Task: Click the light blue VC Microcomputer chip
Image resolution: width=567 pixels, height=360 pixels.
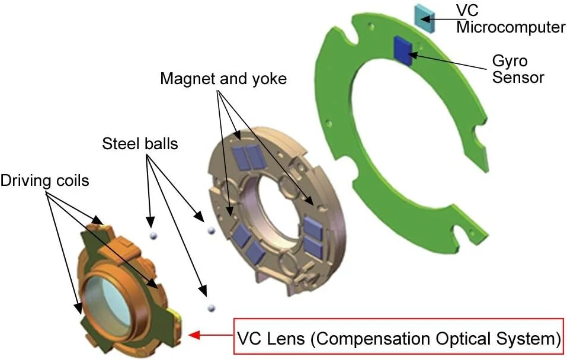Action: pos(425,17)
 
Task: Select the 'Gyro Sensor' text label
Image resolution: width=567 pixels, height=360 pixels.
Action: pos(518,69)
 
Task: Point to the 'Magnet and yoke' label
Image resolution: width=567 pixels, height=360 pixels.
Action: pos(223,78)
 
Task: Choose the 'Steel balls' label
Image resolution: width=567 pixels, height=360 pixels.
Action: pos(140,143)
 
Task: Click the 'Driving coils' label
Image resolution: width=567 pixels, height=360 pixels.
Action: pos(44,179)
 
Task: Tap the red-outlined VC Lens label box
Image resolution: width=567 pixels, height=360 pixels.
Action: pos(398,337)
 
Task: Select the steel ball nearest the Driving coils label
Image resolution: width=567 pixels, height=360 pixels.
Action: pos(152,235)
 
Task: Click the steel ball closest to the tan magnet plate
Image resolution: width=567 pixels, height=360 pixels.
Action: pos(209,230)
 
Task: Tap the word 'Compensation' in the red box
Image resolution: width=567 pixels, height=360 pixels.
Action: pos(379,338)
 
